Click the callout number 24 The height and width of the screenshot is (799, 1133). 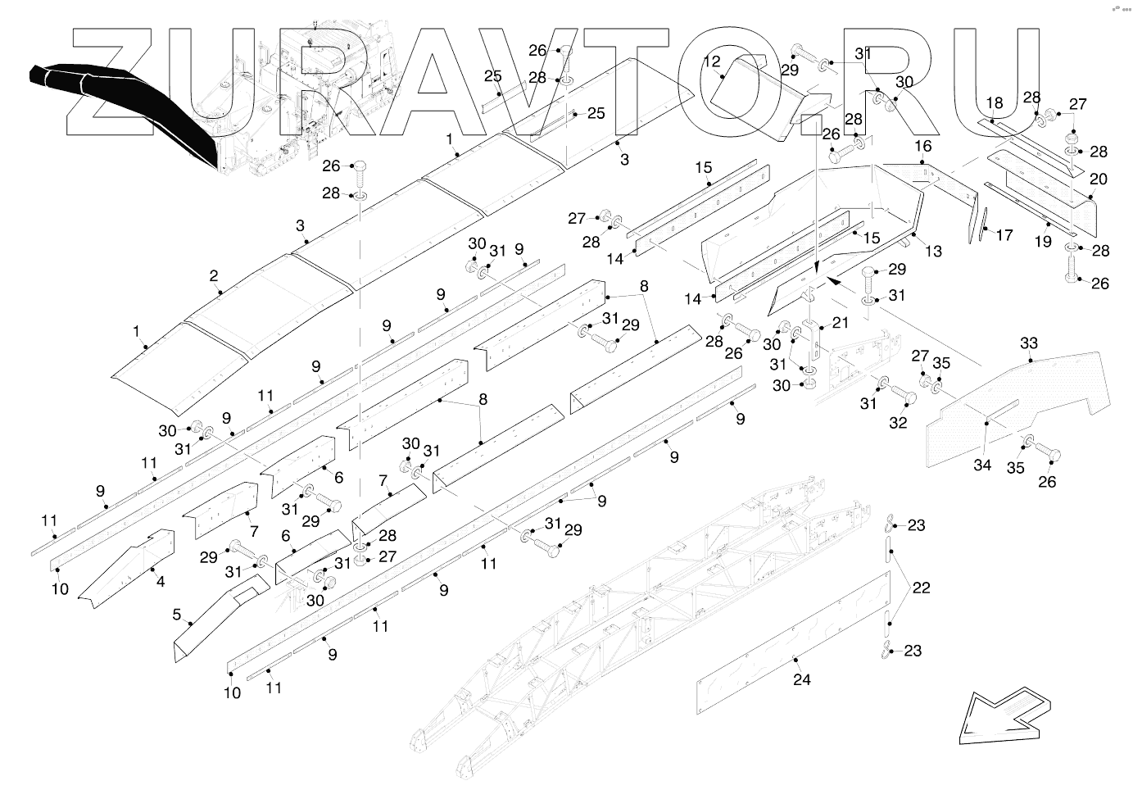click(x=801, y=679)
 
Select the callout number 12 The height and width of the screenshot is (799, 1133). click(x=711, y=61)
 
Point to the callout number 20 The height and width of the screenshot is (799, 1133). click(x=1098, y=179)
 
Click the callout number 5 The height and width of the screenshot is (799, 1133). click(x=176, y=614)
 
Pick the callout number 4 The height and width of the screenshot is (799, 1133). click(x=161, y=582)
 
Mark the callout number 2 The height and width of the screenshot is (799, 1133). click(x=214, y=275)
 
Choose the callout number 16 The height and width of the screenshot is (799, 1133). click(x=923, y=147)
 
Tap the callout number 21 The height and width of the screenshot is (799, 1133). click(x=841, y=323)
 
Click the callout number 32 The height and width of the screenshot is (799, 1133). click(x=899, y=423)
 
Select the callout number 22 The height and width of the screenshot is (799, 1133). click(x=921, y=588)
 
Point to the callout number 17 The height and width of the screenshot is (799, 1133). click(x=1004, y=235)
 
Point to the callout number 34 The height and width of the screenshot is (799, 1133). click(x=981, y=465)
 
